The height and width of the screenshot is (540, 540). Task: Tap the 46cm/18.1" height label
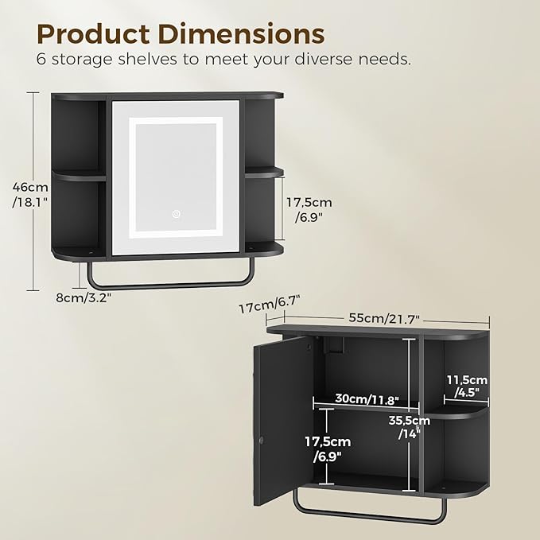30,193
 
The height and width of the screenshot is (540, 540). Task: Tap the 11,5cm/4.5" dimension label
465,386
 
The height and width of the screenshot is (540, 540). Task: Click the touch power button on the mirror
177,214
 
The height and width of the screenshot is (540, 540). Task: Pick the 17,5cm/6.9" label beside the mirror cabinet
309,209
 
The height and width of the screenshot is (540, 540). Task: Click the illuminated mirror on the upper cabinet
177,177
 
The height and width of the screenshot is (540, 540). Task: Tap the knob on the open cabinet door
262,439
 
